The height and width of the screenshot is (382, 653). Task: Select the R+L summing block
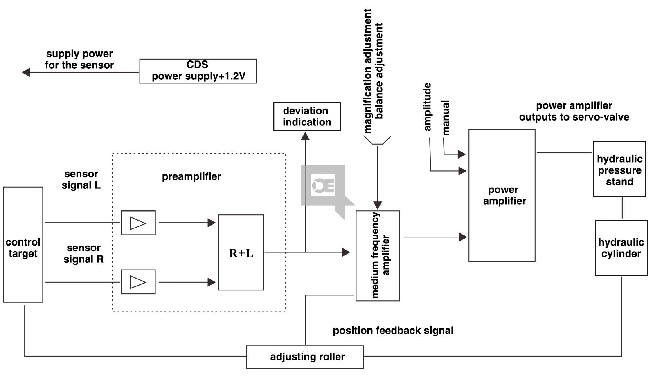[241, 252]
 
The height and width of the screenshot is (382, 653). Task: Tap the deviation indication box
[307, 116]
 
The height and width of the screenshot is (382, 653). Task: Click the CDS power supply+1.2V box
[198, 71]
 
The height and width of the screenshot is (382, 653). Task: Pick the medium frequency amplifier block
[378, 256]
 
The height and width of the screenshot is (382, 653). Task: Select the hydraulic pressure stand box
[619, 169]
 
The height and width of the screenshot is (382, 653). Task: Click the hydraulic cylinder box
[621, 248]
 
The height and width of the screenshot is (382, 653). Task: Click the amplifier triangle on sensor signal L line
[138, 223]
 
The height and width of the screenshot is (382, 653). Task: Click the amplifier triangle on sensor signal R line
[138, 282]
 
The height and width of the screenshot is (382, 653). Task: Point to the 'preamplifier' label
[191, 176]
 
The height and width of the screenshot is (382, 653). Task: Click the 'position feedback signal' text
[393, 331]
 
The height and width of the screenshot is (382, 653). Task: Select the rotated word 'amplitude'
[428, 107]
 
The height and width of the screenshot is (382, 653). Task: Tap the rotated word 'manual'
[446, 118]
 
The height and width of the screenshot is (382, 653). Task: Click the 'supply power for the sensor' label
[79, 59]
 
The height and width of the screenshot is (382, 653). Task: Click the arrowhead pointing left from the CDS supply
[26, 72]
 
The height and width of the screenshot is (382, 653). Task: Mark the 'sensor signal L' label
[81, 180]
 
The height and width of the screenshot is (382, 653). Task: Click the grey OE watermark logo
[324, 186]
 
